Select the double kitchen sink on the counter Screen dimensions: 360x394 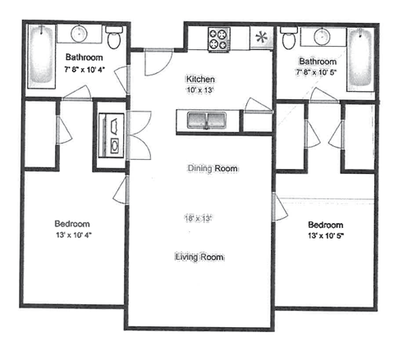[208, 121]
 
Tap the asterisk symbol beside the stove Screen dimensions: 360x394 [262, 37]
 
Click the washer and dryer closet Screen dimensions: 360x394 [112, 134]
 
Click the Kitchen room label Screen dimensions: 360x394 [199, 79]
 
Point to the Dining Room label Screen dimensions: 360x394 [212, 168]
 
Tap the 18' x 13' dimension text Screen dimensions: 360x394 [199, 218]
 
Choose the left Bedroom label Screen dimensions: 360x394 [72, 224]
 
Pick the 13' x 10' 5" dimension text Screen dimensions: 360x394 [326, 236]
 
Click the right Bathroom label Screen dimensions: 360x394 [317, 62]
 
